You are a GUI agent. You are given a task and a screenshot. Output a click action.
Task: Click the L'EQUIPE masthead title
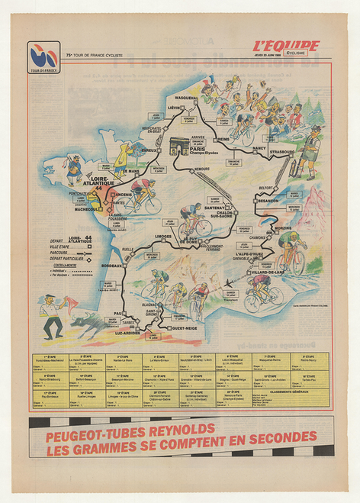pyautogui.click(x=286, y=46)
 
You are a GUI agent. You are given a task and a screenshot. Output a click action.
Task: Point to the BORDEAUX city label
pyautogui.click(x=111, y=265)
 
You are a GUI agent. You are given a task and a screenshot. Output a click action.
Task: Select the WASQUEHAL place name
pyautogui.click(x=185, y=98)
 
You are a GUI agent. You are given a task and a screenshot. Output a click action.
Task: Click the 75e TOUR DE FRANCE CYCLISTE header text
pyautogui.click(x=95, y=55)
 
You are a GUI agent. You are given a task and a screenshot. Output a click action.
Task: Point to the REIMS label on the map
pyautogui.click(x=223, y=140)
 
